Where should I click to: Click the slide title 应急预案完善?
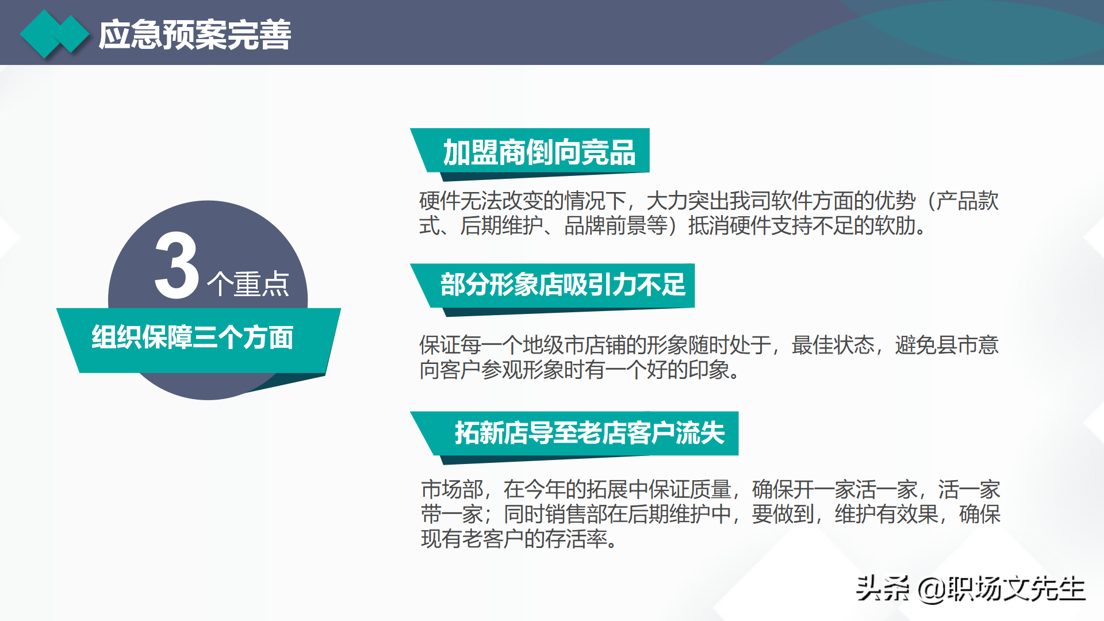point(195,35)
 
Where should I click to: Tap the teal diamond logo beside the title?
point(55,34)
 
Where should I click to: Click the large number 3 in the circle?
point(177,266)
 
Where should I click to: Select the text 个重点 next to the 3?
point(248,284)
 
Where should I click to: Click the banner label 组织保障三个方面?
point(193,338)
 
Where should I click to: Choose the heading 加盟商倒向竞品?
point(539,153)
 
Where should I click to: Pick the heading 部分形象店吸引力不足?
point(563,285)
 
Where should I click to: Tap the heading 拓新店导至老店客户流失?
point(589,433)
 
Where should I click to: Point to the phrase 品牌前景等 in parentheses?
point(615,226)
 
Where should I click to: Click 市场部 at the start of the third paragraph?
point(452,490)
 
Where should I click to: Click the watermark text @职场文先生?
point(1001,589)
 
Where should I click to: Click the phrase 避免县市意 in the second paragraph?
point(946,346)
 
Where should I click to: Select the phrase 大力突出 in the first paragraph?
point(688,201)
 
